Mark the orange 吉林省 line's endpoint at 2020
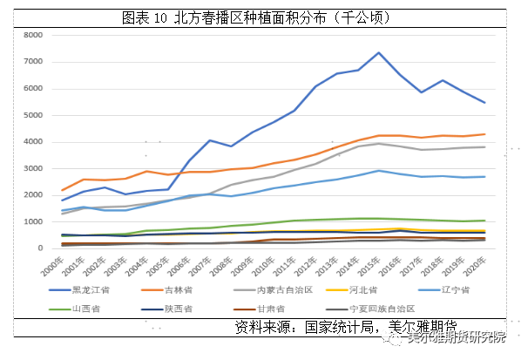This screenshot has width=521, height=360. pyautogui.click(x=484, y=134)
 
